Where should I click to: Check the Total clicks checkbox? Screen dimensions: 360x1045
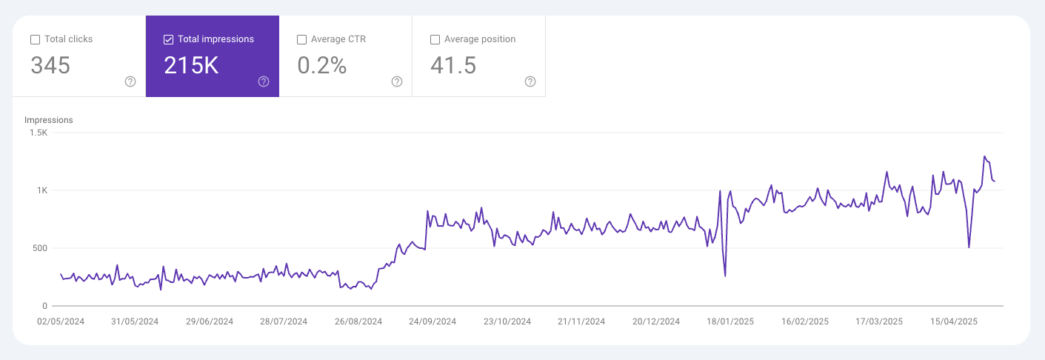coord(35,39)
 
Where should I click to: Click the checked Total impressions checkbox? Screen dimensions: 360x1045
coord(168,39)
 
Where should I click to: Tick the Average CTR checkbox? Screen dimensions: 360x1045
coord(301,39)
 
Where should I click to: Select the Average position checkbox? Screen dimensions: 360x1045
coord(435,39)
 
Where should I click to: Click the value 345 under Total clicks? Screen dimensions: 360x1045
coord(50,66)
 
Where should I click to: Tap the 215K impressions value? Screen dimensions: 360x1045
coord(191,66)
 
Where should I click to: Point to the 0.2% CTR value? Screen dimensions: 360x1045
coord(322,66)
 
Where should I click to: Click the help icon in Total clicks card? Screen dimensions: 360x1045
coord(130,81)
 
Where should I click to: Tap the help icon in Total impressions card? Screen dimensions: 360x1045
coord(264,81)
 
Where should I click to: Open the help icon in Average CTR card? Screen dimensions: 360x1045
coord(397,81)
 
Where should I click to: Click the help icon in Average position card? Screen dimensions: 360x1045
coord(530,81)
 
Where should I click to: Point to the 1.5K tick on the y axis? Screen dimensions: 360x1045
coord(39,133)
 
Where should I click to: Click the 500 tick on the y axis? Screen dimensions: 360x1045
coord(40,248)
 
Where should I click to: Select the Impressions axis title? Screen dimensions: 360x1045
coord(48,120)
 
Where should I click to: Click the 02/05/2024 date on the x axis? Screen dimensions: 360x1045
coord(61,322)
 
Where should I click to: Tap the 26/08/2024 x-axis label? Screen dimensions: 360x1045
coord(358,322)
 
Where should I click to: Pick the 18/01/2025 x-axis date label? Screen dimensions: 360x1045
coord(730,322)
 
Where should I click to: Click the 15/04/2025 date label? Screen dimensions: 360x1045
coord(954,322)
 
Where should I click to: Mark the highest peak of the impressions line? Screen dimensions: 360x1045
coord(984,156)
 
